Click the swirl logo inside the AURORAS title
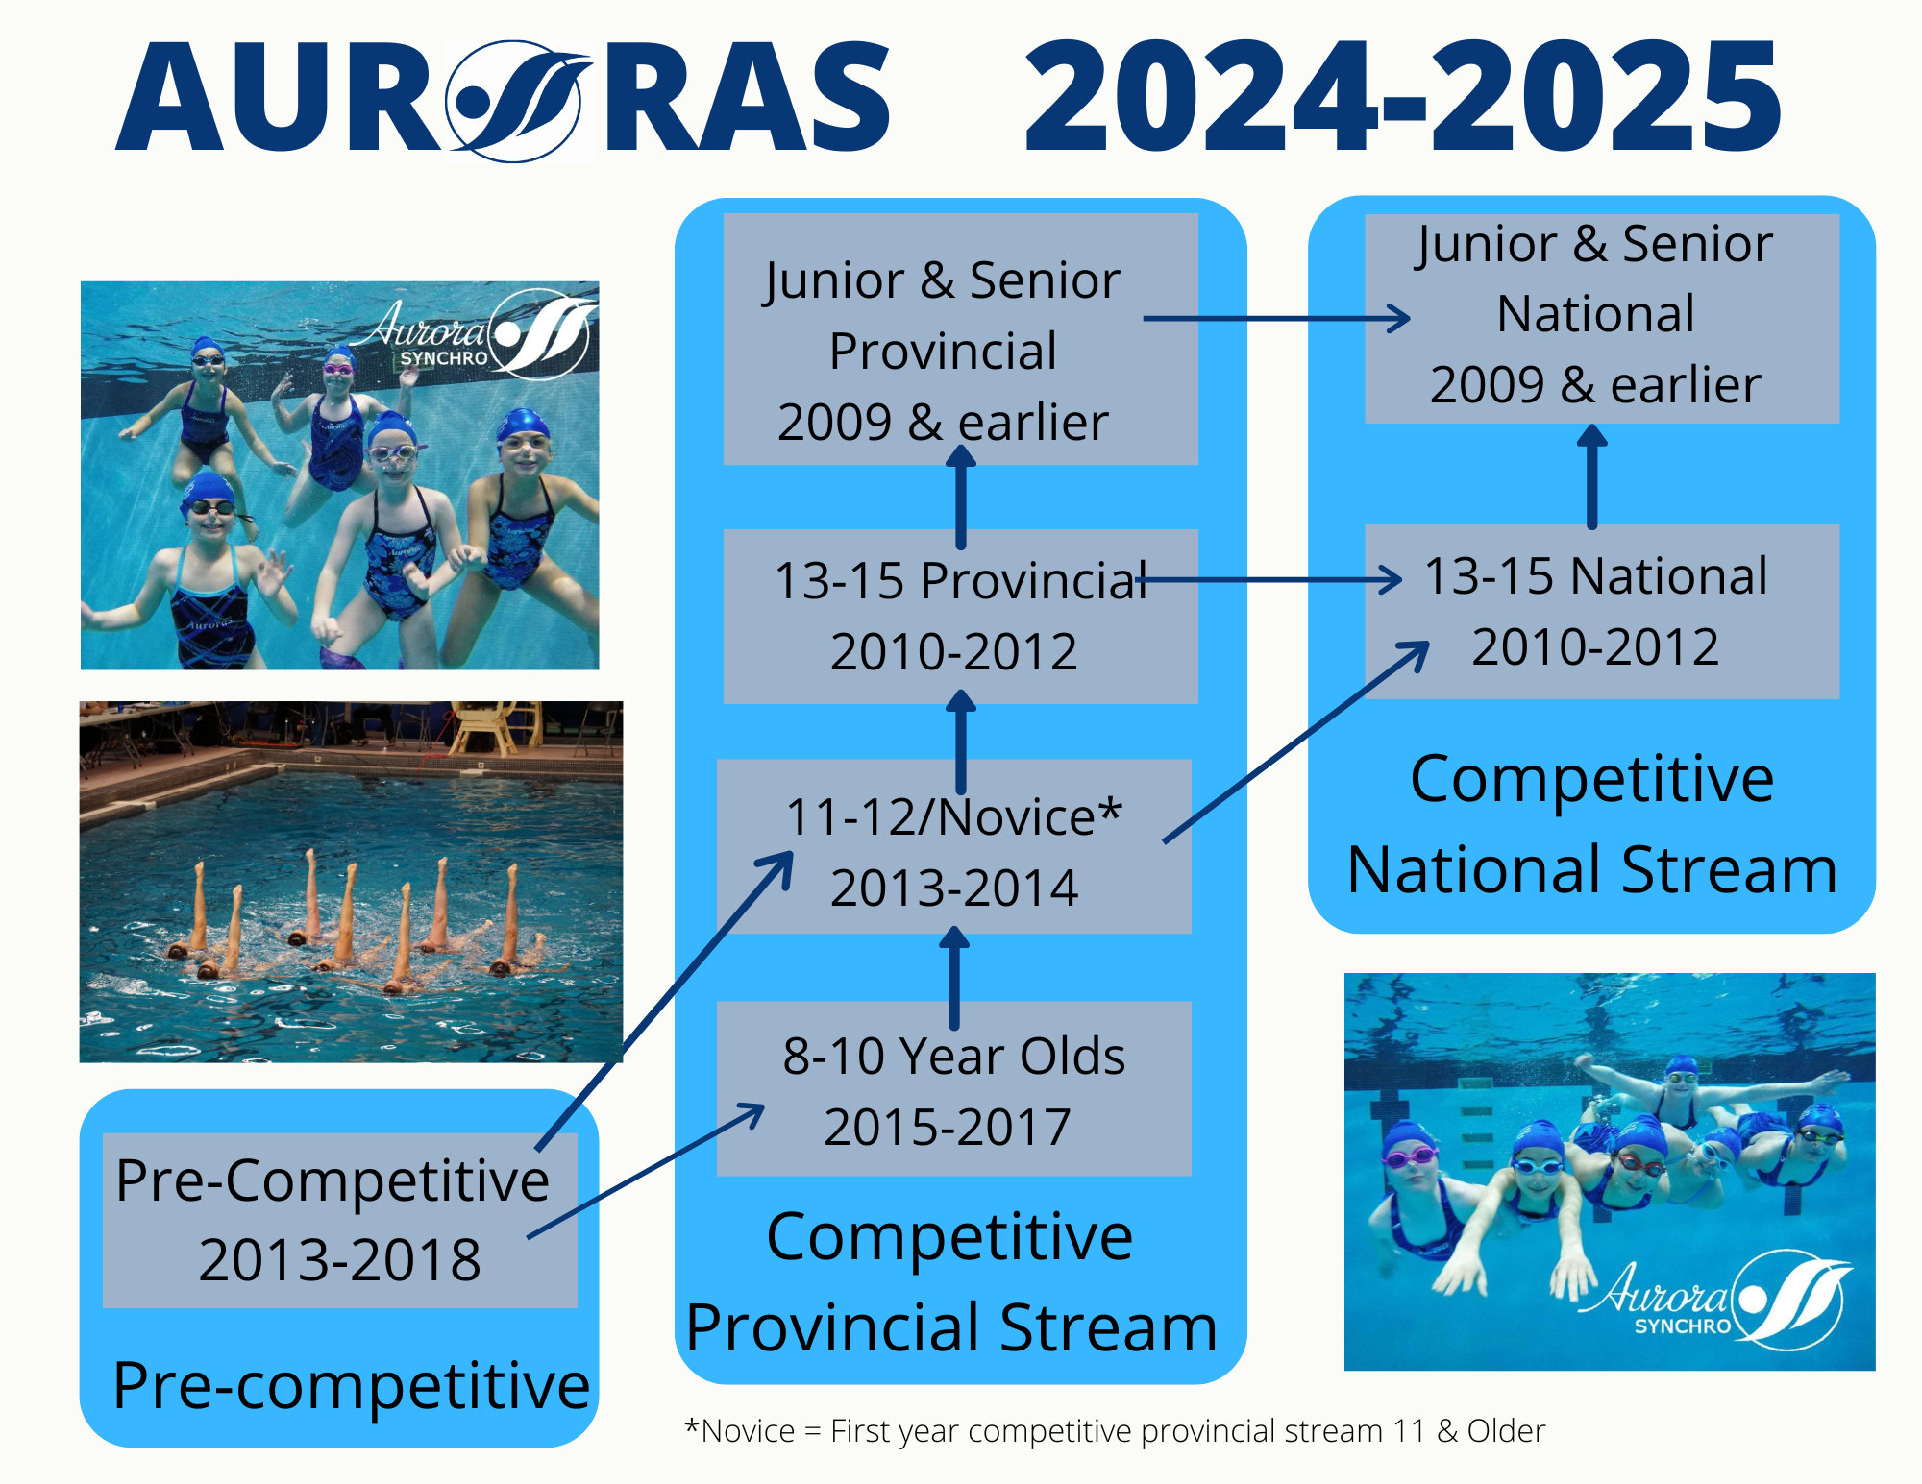click(517, 101)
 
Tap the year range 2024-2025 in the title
click(1403, 96)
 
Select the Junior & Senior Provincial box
click(960, 339)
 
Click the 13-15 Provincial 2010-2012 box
click(960, 617)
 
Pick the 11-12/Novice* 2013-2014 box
click(954, 846)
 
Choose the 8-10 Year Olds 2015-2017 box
click(954, 1088)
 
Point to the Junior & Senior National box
click(1602, 318)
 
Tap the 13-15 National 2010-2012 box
click(1602, 611)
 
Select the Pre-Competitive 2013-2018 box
click(340, 1220)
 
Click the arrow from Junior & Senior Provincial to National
click(1276, 318)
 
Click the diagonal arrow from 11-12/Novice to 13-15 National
click(1296, 742)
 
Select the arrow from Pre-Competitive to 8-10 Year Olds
click(646, 1171)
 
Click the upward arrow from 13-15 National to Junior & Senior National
click(1592, 476)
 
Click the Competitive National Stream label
click(1592, 823)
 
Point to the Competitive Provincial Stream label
click(951, 1281)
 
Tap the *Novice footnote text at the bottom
click(1115, 1430)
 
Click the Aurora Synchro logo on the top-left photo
click(474, 334)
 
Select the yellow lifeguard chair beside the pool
click(485, 727)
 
